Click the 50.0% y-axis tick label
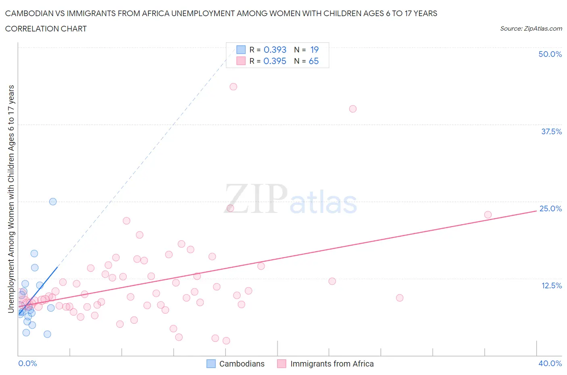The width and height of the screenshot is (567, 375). click(550, 54)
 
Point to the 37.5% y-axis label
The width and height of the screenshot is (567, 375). click(551, 131)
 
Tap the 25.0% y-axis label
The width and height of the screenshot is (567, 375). click(550, 208)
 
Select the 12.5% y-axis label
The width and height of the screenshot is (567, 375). click(551, 285)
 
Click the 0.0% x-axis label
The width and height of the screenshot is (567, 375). click(27, 363)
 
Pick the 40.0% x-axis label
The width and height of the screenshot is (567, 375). click(550, 363)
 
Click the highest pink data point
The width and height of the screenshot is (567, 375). click(233, 87)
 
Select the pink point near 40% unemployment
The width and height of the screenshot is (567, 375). click(353, 109)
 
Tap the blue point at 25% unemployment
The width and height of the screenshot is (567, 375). click(53, 202)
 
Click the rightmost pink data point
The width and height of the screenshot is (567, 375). click(488, 215)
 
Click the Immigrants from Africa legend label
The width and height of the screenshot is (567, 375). click(332, 364)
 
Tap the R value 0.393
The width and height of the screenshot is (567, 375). click(275, 50)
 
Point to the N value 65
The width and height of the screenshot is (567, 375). click(313, 61)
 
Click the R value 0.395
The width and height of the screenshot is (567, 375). click(275, 61)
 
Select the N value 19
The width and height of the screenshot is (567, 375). click(314, 50)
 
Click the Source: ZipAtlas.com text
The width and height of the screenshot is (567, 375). click(531, 28)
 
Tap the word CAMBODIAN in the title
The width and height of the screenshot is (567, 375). click(28, 13)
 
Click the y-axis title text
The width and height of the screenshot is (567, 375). click(11, 199)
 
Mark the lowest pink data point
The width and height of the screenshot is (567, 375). click(226, 341)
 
